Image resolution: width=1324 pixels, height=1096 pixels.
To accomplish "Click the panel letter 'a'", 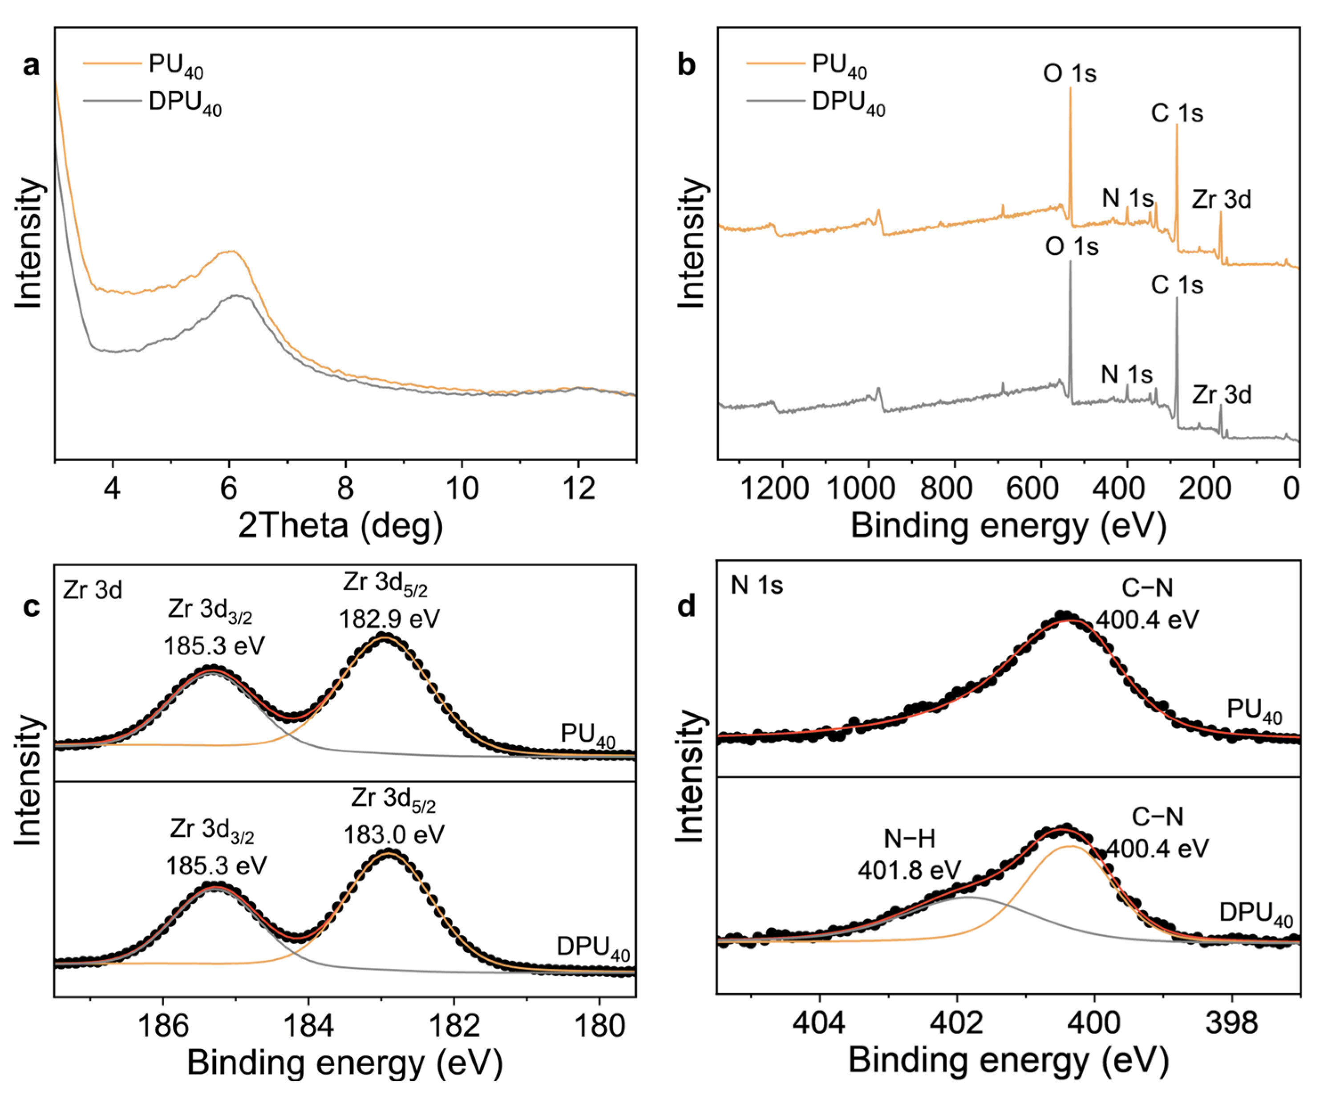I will pyautogui.click(x=31, y=65).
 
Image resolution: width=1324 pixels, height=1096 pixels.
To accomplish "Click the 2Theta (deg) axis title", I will pyautogui.click(x=340, y=525).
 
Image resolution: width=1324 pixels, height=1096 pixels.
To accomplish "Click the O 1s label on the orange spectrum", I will pyautogui.click(x=1069, y=74).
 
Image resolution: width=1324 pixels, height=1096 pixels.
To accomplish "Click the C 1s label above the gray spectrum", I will pyautogui.click(x=1177, y=285).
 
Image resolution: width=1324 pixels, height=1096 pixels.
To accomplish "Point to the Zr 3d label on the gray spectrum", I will pyautogui.click(x=1221, y=395).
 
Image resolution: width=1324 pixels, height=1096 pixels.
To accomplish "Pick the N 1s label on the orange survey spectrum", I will pyautogui.click(x=1127, y=198).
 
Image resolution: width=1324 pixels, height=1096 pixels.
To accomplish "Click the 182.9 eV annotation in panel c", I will pyautogui.click(x=389, y=619).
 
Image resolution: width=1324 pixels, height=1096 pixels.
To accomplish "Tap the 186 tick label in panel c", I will pyautogui.click(x=163, y=1025).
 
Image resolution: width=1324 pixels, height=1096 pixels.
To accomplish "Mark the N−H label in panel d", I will pyautogui.click(x=909, y=839).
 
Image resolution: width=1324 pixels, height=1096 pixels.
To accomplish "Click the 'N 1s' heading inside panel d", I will pyautogui.click(x=757, y=586).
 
